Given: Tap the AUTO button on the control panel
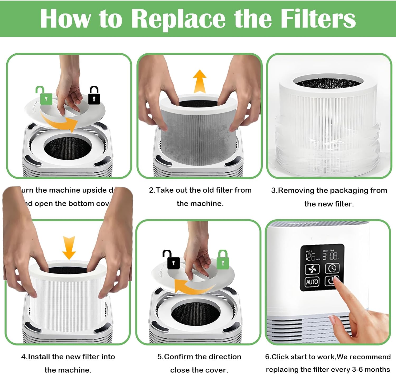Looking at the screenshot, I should (x=312, y=282).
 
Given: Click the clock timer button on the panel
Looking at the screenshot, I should (x=332, y=268).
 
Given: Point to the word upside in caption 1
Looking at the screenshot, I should (x=94, y=190).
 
